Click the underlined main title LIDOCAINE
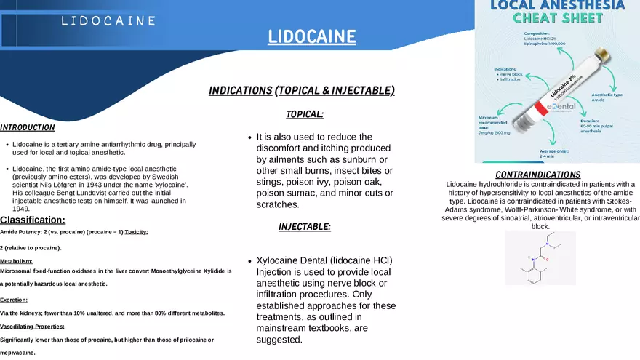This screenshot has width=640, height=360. point(311,36)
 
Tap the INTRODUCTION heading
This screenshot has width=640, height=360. point(28,127)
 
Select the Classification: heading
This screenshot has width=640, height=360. point(33,220)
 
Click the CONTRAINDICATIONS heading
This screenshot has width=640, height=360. point(537,175)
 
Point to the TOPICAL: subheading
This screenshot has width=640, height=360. point(305,114)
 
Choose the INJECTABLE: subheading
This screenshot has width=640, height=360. point(305,227)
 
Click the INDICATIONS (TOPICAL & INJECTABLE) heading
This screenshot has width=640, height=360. point(301,90)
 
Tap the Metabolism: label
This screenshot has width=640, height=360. point(16,260)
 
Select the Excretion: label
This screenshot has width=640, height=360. point(14,300)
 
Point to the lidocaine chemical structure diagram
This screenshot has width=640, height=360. point(540,258)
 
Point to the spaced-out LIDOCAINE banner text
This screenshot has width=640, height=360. point(108,21)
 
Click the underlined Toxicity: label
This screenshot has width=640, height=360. point(136,232)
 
